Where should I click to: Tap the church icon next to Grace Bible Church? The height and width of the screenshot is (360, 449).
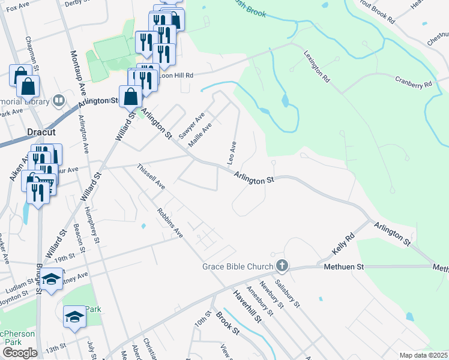coord(282,265)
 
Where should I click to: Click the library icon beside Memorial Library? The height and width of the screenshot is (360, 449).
coord(59,100)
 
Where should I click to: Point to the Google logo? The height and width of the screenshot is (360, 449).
coord(20,353)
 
